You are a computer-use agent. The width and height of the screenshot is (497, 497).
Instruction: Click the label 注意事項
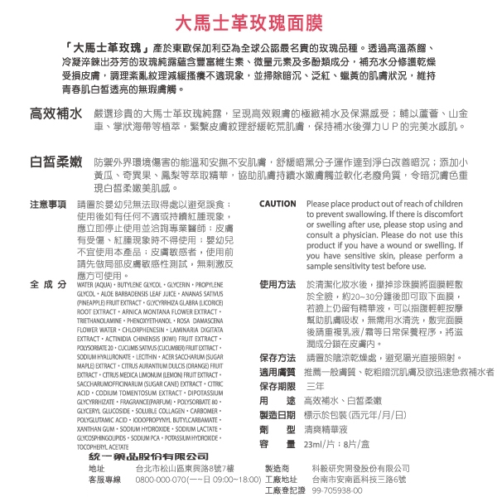pyautogui.click(x=48, y=204)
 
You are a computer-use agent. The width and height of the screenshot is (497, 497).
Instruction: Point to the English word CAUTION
pyautogui.click(x=277, y=204)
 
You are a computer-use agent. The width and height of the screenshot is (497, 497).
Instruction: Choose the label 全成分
pyautogui.click(x=48, y=283)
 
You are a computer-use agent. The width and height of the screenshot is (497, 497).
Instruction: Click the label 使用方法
pyautogui.click(x=277, y=283)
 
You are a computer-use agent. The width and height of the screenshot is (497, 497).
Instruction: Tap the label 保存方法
pyautogui.click(x=277, y=357)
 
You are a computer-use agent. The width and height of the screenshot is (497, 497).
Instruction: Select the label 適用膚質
pyautogui.click(x=277, y=372)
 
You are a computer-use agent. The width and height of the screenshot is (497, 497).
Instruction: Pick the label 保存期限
pyautogui.click(x=277, y=387)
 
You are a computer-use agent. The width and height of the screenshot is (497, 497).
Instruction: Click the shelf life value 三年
pyautogui.click(x=315, y=387)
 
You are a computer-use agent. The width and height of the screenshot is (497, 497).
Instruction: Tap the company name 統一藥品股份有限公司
pyautogui.click(x=147, y=456)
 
